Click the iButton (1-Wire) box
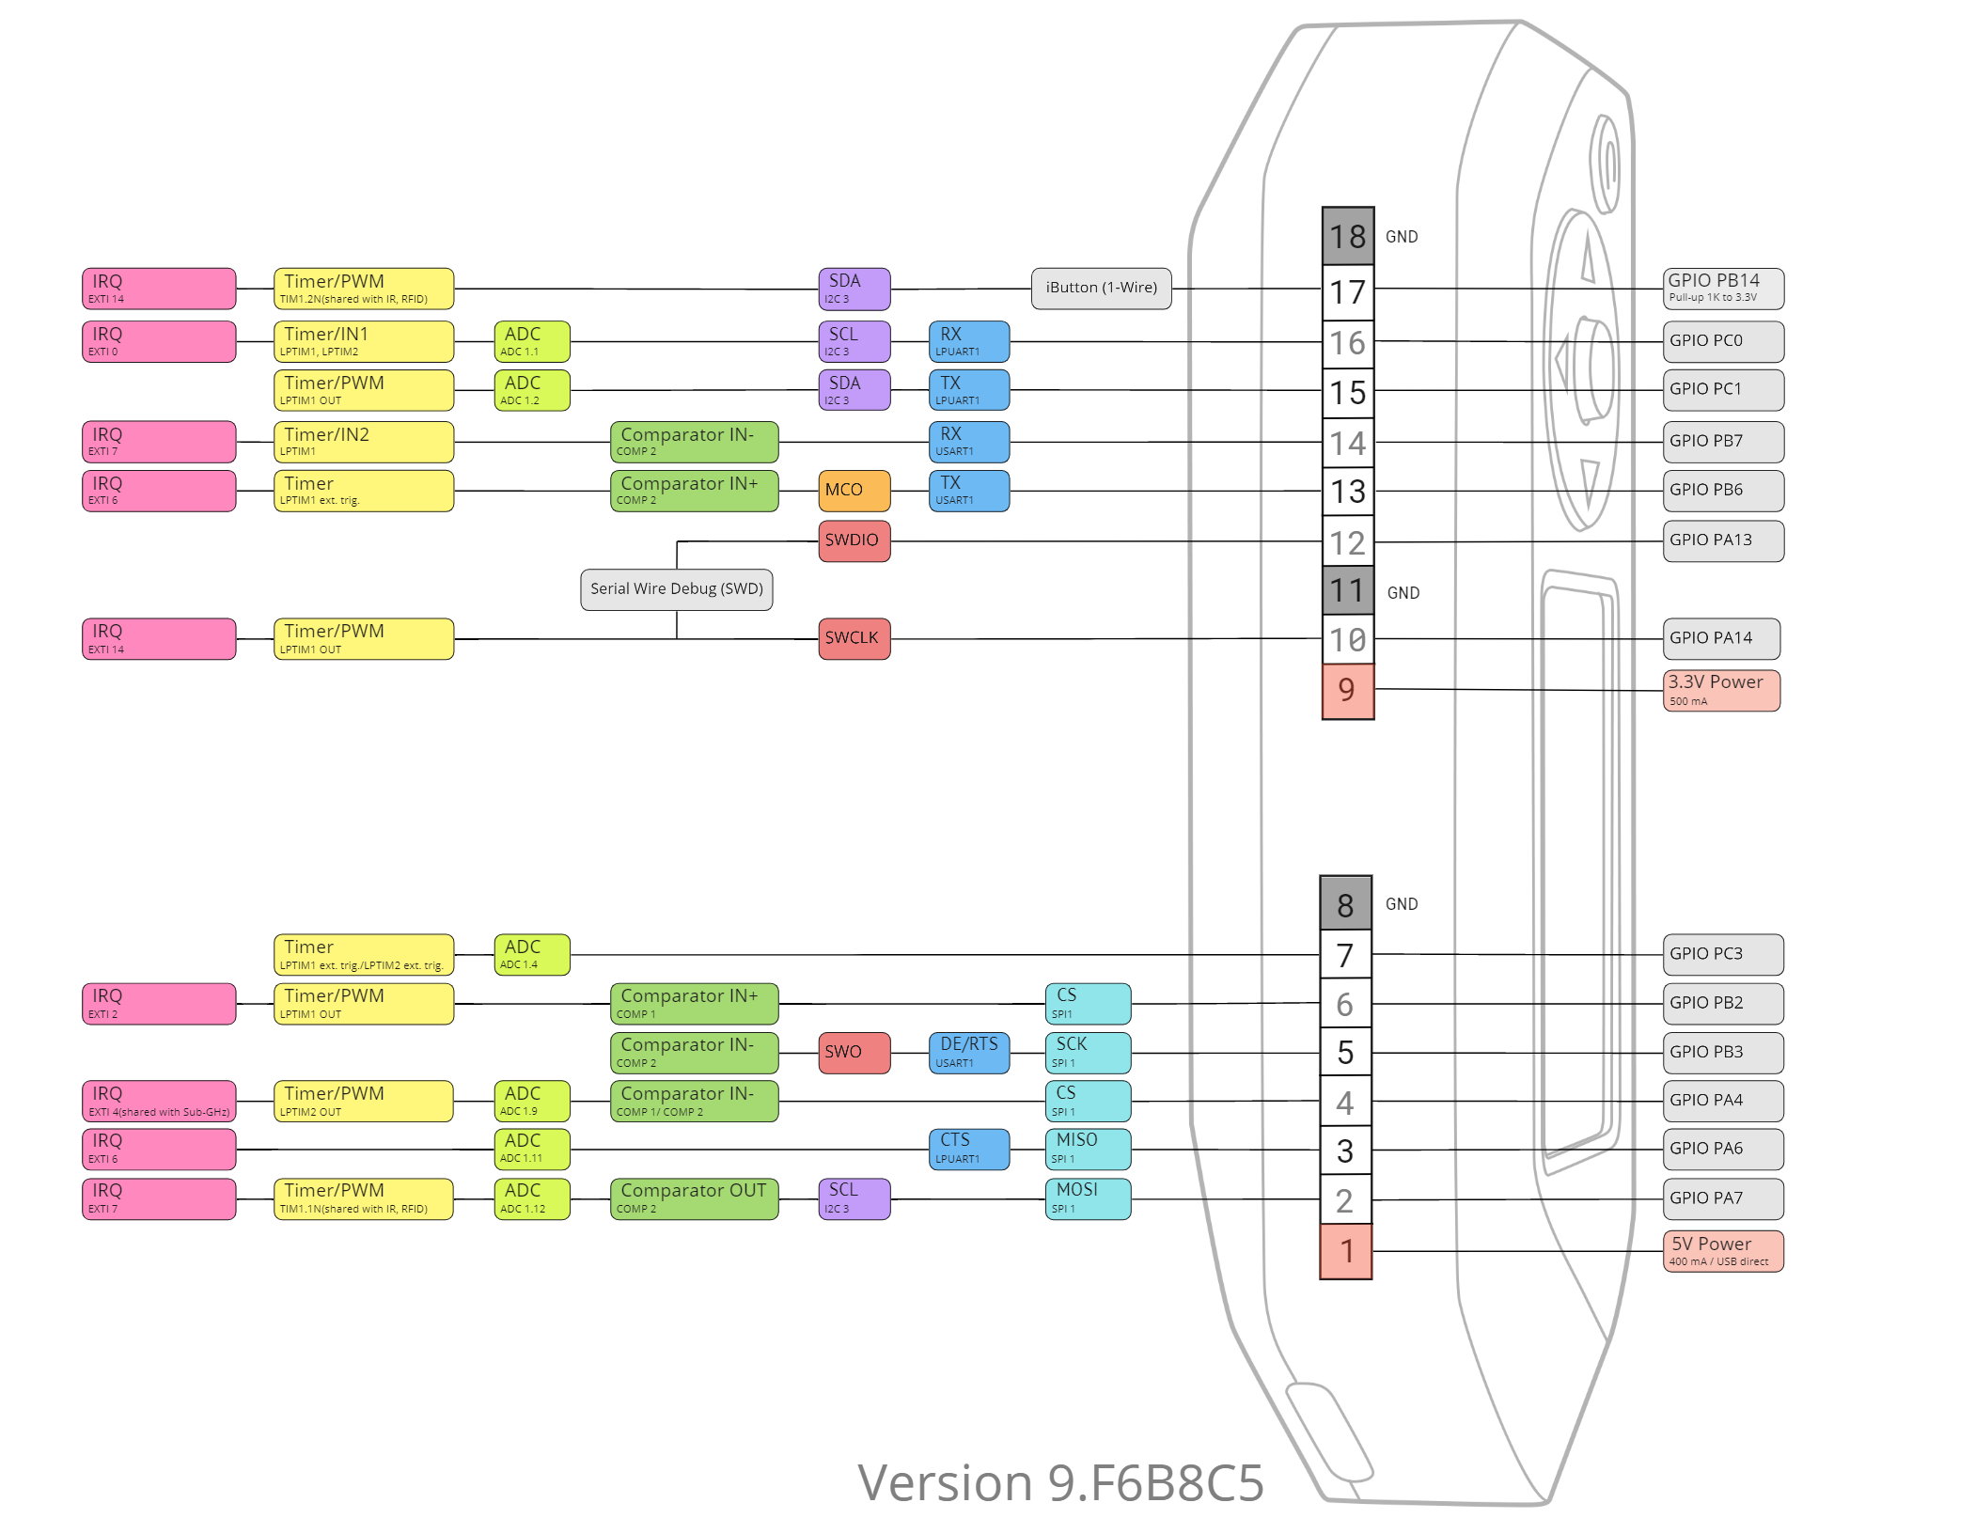coord(1101,289)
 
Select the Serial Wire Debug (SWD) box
coord(676,589)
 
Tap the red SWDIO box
coord(854,540)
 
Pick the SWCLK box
coord(854,638)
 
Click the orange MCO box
coord(854,491)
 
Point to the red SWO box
coord(854,1053)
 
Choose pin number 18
coord(1347,237)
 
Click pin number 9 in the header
coord(1347,691)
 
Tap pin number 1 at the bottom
coord(1346,1251)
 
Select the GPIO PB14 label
coord(1722,289)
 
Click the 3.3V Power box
coord(1721,691)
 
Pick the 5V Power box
coord(1722,1251)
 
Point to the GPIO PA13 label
coord(1722,540)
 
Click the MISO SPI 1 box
coord(1088,1149)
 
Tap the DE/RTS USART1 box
coord(968,1053)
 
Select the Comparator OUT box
coord(694,1198)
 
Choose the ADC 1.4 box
coord(531,954)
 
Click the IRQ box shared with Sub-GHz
coord(159,1101)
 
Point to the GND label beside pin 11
coord(1403,593)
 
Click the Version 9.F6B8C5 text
coord(1060,1483)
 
